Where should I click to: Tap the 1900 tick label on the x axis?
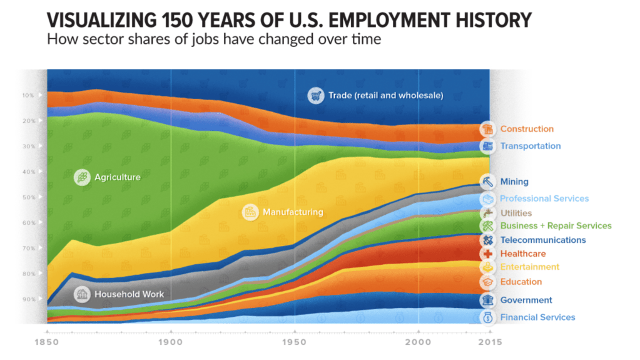(x=170, y=342)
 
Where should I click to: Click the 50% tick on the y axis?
(x=29, y=197)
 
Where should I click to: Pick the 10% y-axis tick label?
(x=29, y=95)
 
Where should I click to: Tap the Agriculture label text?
(x=118, y=177)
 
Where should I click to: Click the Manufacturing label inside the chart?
(x=293, y=212)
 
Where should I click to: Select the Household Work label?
(x=129, y=294)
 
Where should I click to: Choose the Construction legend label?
(x=527, y=129)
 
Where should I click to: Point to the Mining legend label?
(x=514, y=182)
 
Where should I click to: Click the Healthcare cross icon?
(x=488, y=254)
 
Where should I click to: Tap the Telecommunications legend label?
(x=543, y=240)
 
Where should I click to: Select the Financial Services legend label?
(x=537, y=317)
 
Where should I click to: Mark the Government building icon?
(x=488, y=301)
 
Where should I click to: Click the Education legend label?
(x=521, y=282)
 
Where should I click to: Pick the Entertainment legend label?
(x=529, y=267)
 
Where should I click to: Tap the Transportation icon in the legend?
(x=488, y=147)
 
